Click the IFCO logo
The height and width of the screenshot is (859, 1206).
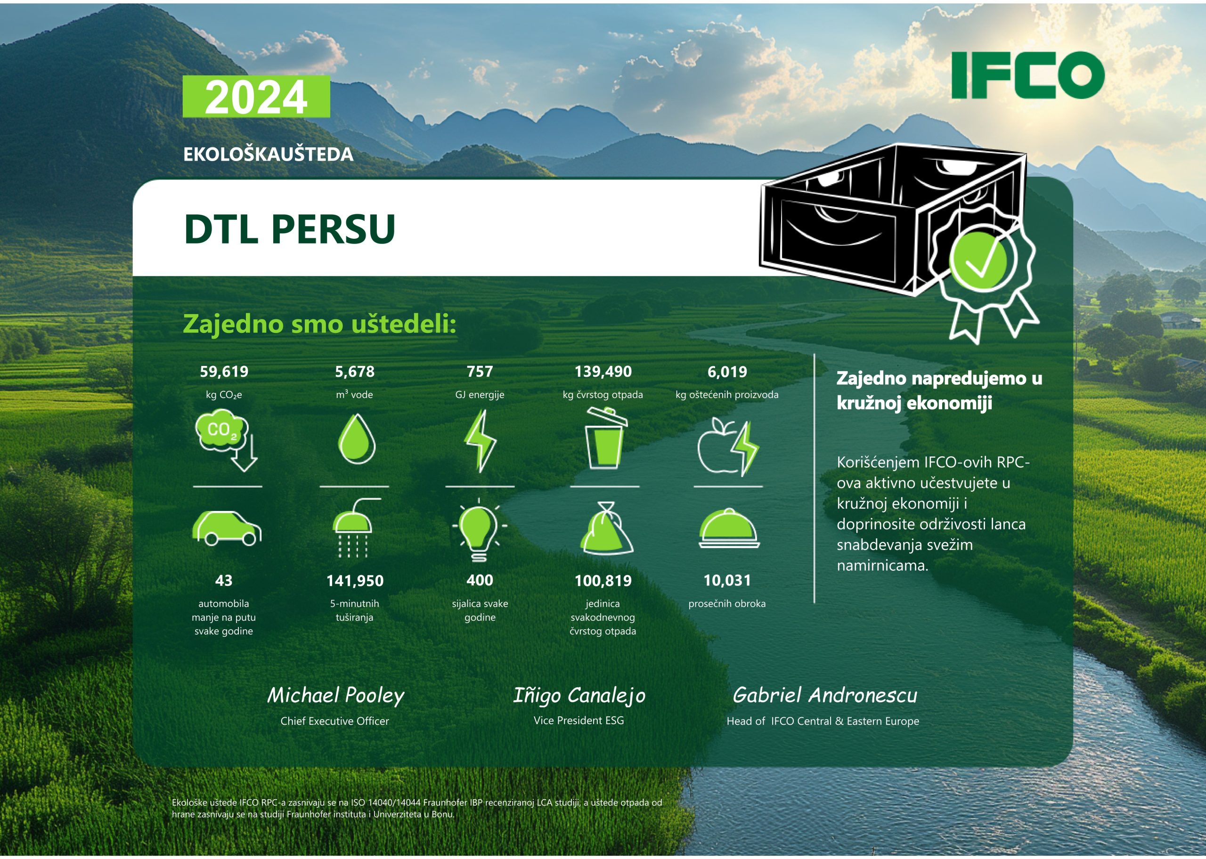1028,75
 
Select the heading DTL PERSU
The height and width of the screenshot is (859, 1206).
289,229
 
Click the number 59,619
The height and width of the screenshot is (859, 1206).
224,372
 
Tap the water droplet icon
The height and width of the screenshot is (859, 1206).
357,438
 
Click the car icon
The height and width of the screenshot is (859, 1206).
227,528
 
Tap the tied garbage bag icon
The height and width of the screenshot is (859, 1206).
607,528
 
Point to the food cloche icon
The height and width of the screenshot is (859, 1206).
729,528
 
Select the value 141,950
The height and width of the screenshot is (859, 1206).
355,581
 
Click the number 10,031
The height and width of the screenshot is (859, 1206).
727,581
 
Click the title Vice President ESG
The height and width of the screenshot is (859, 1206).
579,721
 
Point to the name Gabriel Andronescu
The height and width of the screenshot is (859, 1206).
824,695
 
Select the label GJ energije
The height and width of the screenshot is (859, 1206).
480,395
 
